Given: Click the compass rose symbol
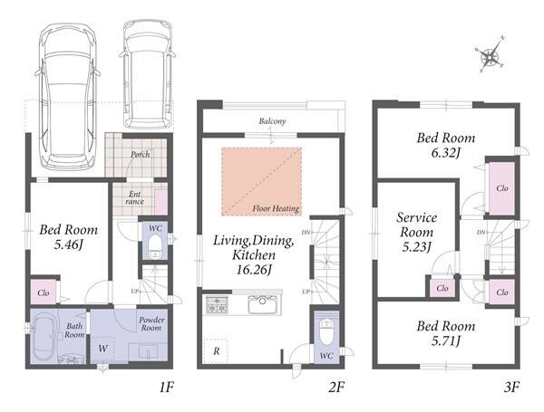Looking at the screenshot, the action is (490, 55).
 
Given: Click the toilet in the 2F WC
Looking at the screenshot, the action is (326, 331).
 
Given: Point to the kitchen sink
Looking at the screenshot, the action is (262, 304).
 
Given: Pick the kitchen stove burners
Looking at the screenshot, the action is (217, 304).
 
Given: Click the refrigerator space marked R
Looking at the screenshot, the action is (216, 351).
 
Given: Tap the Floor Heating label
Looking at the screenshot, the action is (276, 208).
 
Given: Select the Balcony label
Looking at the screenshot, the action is (272, 121).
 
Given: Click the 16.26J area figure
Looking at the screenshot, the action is (253, 270).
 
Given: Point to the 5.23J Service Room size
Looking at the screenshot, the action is (416, 246).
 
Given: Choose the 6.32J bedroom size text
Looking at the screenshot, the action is (445, 153).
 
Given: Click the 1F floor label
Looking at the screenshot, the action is (166, 387).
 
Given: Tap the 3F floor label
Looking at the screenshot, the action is (511, 387).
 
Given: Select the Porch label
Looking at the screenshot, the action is (141, 154).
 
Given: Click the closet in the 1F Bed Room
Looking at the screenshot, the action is (44, 292).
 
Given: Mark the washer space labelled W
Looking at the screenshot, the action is (103, 349).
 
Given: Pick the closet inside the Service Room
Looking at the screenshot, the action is (442, 288).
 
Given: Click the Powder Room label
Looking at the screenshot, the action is (151, 323).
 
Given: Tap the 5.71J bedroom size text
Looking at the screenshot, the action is (446, 341).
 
